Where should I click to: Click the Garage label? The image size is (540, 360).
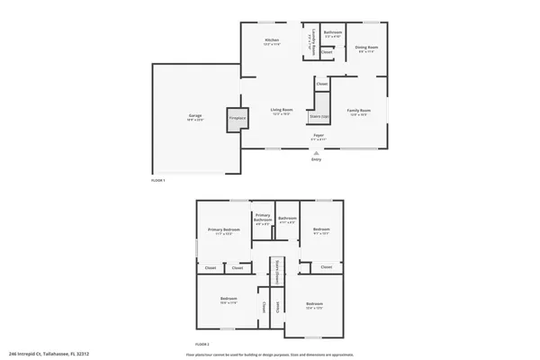195,117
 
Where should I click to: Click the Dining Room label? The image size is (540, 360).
366,48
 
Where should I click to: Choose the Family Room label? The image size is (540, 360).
358,112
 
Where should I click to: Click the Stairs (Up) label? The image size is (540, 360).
318,116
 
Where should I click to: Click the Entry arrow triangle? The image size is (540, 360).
316,153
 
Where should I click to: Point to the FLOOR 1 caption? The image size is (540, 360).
158,181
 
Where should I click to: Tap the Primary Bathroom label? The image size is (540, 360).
263,218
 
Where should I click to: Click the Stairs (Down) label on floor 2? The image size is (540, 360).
277,267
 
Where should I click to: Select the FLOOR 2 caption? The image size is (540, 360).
202,345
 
